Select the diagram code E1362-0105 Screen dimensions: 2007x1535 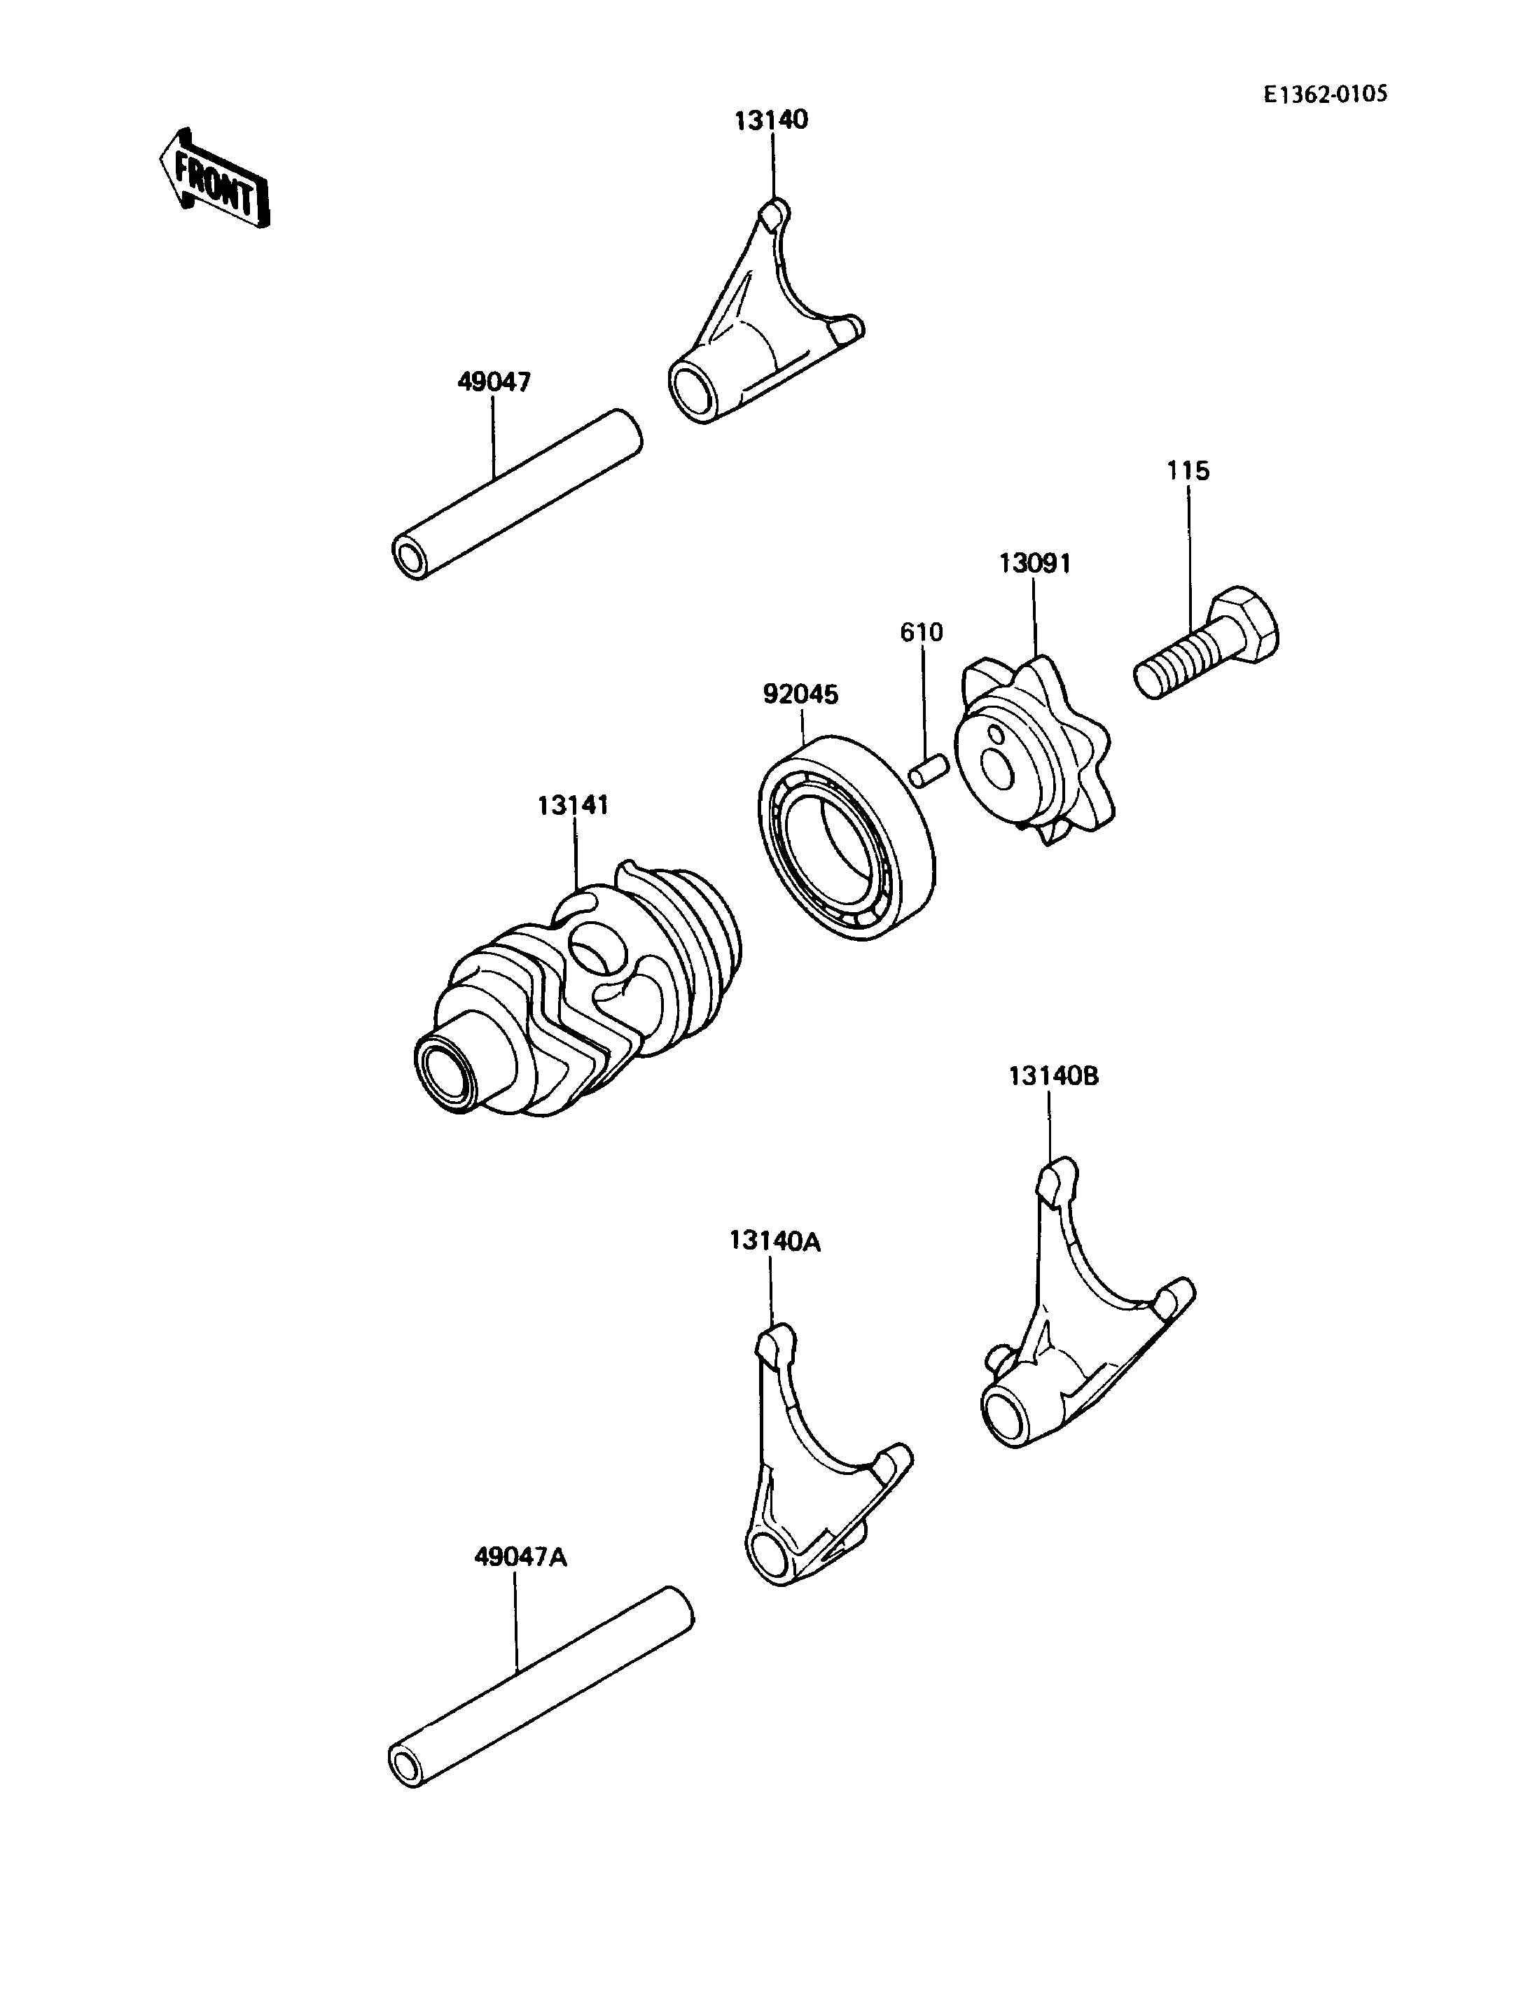(x=1326, y=94)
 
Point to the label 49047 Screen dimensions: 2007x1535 (x=494, y=382)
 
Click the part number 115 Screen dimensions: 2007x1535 (x=1188, y=470)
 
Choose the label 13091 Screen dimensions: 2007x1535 (x=1034, y=563)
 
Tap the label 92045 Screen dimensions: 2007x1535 (x=800, y=694)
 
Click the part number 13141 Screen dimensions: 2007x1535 (x=573, y=805)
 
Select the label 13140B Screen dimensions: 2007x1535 (x=1053, y=1076)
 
